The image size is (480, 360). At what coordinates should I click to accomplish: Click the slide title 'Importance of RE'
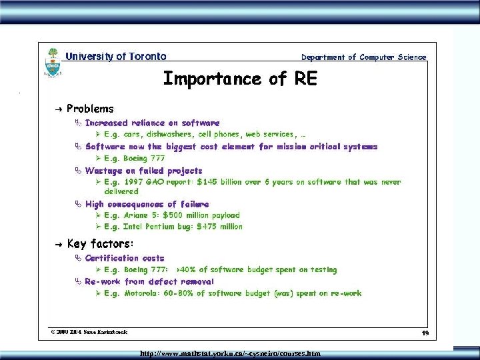(240, 79)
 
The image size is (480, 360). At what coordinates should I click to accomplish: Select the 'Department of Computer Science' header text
(363, 57)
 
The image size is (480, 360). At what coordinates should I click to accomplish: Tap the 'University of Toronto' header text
(116, 57)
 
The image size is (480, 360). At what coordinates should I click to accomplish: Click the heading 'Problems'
(90, 109)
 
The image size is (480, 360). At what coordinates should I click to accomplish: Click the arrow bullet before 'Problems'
(59, 109)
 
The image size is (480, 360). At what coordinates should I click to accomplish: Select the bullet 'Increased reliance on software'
(152, 123)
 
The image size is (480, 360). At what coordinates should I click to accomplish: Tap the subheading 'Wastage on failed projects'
(143, 171)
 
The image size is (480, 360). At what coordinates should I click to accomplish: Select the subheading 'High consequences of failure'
(147, 204)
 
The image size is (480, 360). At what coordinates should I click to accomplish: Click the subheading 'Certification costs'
(124, 258)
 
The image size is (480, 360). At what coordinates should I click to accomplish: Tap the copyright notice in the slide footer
(89, 331)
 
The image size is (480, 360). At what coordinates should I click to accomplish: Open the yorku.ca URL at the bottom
(230, 353)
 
